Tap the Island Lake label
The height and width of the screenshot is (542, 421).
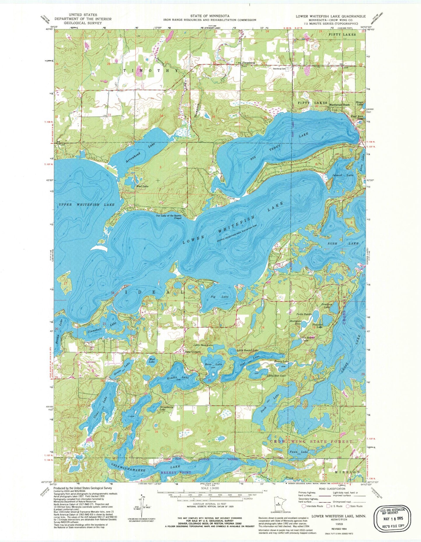tap(339, 175)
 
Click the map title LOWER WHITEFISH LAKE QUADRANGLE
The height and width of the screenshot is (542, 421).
tap(331, 16)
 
